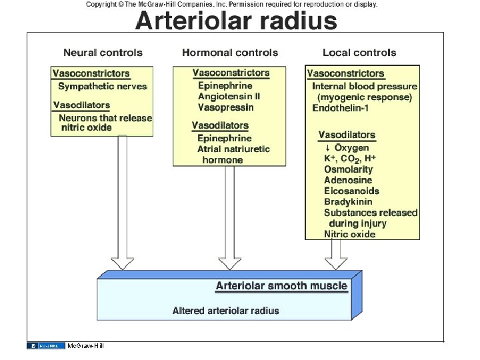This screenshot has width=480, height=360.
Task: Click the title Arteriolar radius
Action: coord(236,21)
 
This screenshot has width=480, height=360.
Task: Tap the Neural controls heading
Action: coord(103,53)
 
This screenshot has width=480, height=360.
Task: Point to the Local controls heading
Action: coord(359,53)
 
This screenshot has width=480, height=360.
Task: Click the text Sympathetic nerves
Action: coord(102,86)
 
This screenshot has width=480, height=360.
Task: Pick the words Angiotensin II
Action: coord(229,97)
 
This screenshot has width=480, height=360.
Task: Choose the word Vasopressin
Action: coord(225,107)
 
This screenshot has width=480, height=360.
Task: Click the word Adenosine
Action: coord(348,180)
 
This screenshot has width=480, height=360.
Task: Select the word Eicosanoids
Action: coord(351,191)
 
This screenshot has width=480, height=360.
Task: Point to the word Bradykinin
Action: coord(348,202)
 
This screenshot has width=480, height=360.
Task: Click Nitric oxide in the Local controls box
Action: coord(349,234)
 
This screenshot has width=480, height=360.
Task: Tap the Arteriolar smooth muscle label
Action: coord(281,287)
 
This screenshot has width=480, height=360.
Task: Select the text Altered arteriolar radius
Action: coord(225,311)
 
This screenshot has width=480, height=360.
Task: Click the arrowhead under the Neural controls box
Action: coord(122,263)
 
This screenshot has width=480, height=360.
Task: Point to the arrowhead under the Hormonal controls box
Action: coord(229,263)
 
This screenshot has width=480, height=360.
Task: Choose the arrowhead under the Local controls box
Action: coord(335,263)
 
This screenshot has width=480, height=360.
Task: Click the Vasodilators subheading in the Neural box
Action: coord(81,105)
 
